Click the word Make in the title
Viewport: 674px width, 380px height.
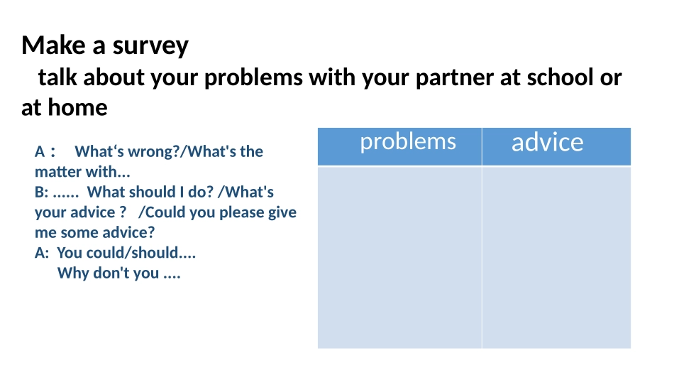coord(53,45)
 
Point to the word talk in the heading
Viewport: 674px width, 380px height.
coord(57,77)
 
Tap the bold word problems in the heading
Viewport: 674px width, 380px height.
coord(253,78)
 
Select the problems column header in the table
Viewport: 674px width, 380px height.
coord(408,141)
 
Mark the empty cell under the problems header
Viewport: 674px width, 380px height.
coord(399,257)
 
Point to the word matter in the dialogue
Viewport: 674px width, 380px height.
coord(57,172)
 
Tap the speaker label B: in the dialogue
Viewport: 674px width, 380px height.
coord(42,192)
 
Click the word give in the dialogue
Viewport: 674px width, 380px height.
coord(282,212)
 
